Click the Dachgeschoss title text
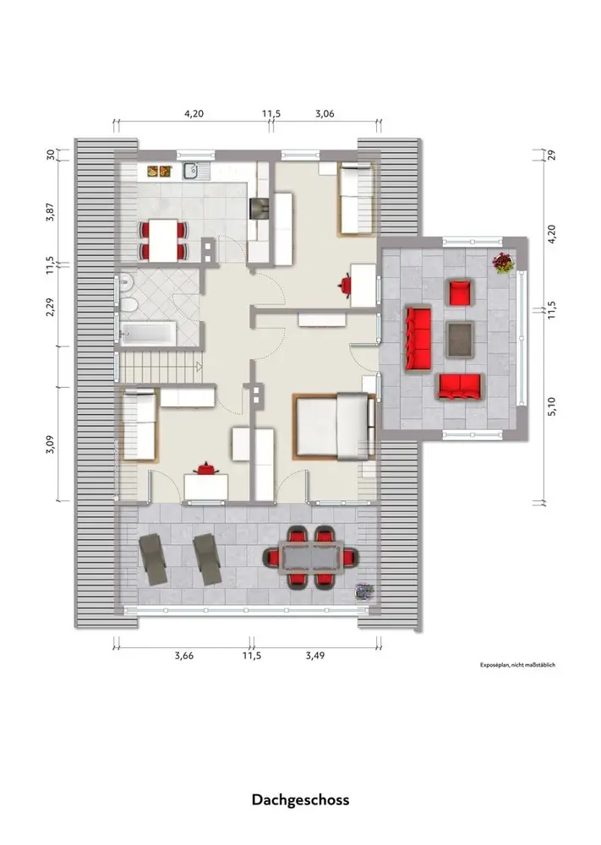pyautogui.click(x=300, y=799)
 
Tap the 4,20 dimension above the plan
pyautogui.click(x=194, y=114)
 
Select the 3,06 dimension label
pyautogui.click(x=325, y=114)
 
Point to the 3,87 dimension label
pyautogui.click(x=50, y=212)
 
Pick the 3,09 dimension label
pyautogui.click(x=50, y=444)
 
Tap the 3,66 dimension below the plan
pyautogui.click(x=183, y=656)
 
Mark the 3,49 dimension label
pyautogui.click(x=315, y=656)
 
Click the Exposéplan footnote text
pyautogui.click(x=517, y=665)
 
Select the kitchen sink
pyautogui.click(x=191, y=172)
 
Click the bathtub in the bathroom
pyautogui.click(x=148, y=333)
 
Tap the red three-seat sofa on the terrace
pyautogui.click(x=418, y=339)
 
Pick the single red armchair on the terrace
pyautogui.click(x=461, y=292)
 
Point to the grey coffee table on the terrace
pyautogui.click(x=461, y=340)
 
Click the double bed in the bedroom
pyautogui.click(x=334, y=426)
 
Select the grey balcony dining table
pyautogui.click(x=310, y=557)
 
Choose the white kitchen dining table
pyautogui.click(x=163, y=240)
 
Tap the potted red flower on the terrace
pyautogui.click(x=503, y=263)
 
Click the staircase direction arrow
pyautogui.click(x=199, y=368)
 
